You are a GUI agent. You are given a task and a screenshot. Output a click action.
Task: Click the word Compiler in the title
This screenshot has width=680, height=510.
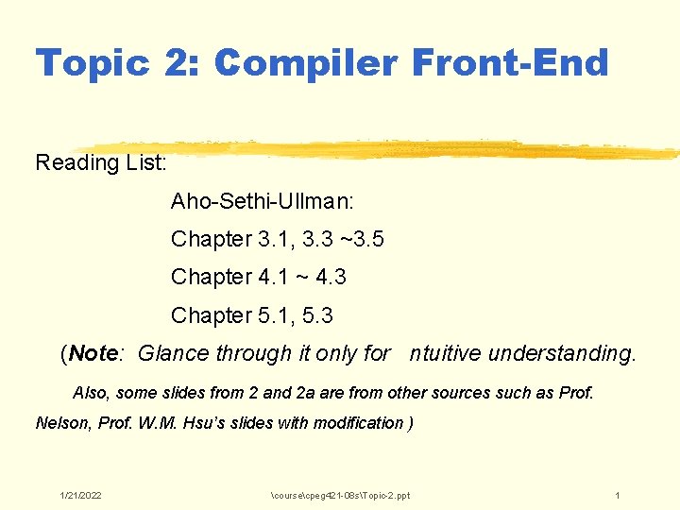(x=308, y=64)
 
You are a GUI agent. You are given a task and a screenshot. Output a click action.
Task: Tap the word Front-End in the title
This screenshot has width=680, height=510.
(x=511, y=64)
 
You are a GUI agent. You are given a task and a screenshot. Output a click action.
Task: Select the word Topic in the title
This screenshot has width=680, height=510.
(x=93, y=64)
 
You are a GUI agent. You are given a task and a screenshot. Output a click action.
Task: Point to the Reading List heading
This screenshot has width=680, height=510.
(x=102, y=162)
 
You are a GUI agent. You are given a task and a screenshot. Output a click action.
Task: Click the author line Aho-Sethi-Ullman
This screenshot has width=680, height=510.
(x=248, y=201)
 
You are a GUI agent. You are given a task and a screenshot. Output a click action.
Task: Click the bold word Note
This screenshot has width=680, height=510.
(x=93, y=354)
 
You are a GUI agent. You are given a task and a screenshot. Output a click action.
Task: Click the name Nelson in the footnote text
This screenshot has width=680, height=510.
(x=61, y=423)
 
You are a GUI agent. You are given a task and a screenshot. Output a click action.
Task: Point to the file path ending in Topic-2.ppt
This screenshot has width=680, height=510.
(x=340, y=496)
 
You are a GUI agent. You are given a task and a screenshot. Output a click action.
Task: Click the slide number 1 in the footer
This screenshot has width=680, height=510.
(x=617, y=496)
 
